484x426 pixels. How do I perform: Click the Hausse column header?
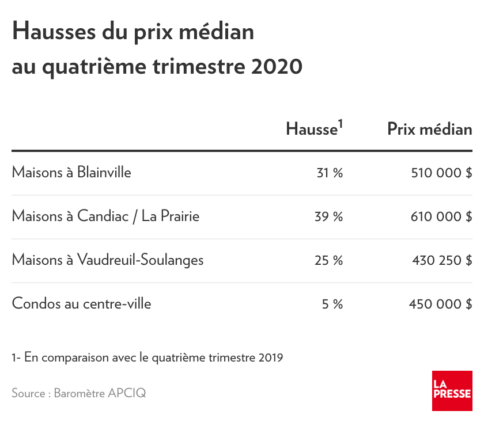tap(311, 129)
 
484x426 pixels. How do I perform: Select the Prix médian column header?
tap(429, 129)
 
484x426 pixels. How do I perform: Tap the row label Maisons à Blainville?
tap(71, 172)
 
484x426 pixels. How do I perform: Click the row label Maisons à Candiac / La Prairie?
tap(105, 216)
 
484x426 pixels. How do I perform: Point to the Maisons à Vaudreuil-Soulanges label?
tap(108, 260)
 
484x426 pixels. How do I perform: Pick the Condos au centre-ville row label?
tap(81, 303)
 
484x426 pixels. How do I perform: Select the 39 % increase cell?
tap(329, 216)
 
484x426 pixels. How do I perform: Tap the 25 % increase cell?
tap(329, 260)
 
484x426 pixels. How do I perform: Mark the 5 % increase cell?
tap(332, 304)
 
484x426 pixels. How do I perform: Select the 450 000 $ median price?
tap(441, 304)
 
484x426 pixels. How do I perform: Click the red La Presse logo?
tap(452, 391)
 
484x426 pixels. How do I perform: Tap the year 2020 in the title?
tap(277, 67)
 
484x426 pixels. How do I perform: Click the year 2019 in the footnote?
tap(270, 357)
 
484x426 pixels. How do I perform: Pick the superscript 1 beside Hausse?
tap(341, 123)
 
